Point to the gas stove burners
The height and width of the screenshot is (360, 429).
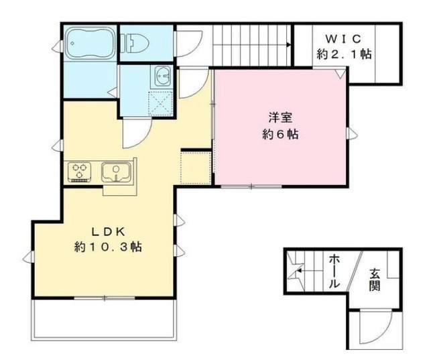pos(80,172)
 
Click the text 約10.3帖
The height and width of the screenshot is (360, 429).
pos(107,247)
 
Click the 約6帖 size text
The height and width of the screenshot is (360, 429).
pos(280,134)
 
